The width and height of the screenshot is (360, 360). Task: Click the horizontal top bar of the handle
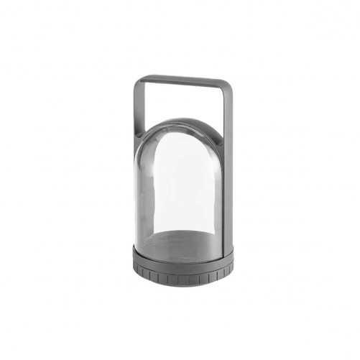coord(183,79)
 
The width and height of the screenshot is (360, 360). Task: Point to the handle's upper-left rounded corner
coord(138,80)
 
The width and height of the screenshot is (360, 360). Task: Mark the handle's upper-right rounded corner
coord(228,80)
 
